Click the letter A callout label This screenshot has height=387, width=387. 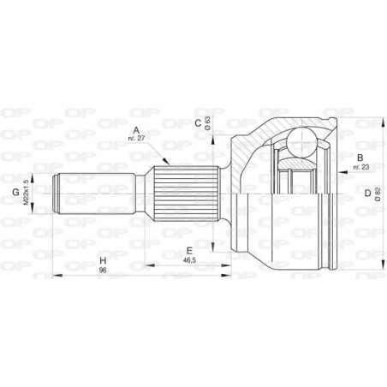tap(135, 131)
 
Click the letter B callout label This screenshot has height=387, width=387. tap(360, 157)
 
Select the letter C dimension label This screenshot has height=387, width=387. tap(197, 123)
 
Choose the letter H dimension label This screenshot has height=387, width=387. tap(101, 259)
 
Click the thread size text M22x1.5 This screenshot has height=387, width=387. tap(28, 193)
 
